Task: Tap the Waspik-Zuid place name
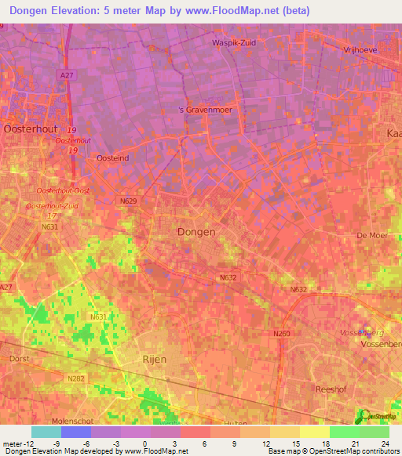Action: (x=235, y=43)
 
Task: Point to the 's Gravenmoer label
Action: (x=206, y=110)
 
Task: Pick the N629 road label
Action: (x=129, y=201)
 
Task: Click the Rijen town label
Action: (x=155, y=359)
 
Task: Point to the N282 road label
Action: (x=76, y=378)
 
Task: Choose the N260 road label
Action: (x=282, y=335)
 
